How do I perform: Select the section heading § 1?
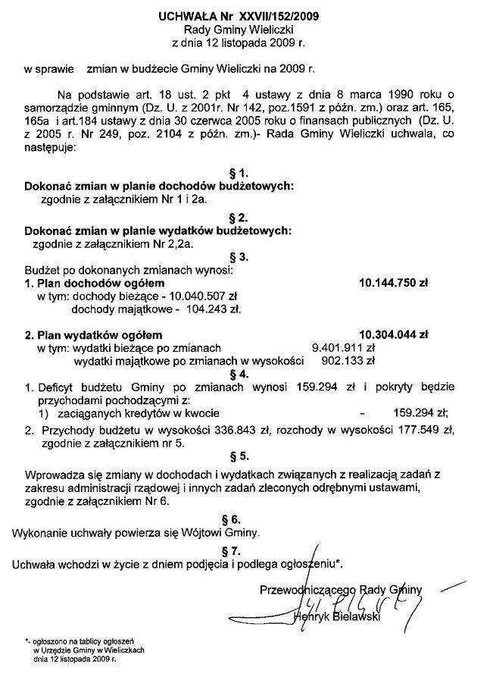click(x=239, y=173)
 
